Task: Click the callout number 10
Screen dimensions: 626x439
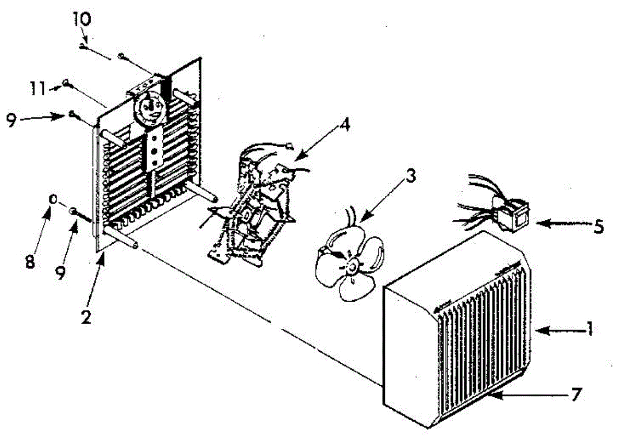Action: pyautogui.click(x=82, y=19)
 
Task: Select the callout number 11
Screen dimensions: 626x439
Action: pyautogui.click(x=38, y=89)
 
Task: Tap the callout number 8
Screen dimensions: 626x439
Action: pyautogui.click(x=30, y=262)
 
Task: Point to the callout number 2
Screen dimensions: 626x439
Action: pyautogui.click(x=86, y=317)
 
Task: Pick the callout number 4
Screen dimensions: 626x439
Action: pyautogui.click(x=345, y=125)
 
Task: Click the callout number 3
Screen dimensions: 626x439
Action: pyautogui.click(x=411, y=176)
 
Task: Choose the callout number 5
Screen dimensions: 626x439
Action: pyautogui.click(x=598, y=227)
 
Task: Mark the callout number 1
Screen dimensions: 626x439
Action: pyautogui.click(x=589, y=329)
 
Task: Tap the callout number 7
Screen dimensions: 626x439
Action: pyautogui.click(x=576, y=395)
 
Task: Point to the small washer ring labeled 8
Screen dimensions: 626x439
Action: pyautogui.click(x=53, y=199)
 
